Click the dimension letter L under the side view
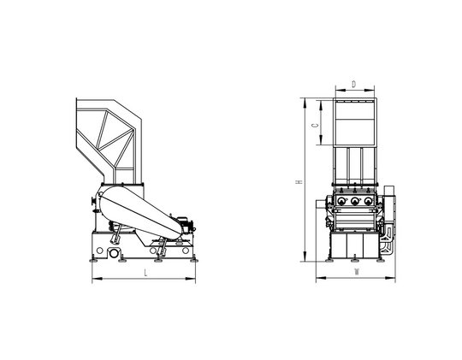pyautogui.click(x=145, y=273)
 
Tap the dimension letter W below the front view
pyautogui.click(x=357, y=272)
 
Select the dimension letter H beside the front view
pyautogui.click(x=299, y=182)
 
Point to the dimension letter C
pyautogui.click(x=315, y=125)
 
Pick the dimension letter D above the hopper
pyautogui.click(x=354, y=84)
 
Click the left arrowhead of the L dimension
pyautogui.click(x=97, y=279)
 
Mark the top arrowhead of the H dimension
pyautogui.click(x=305, y=103)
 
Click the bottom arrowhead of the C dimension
pyautogui.click(x=321, y=140)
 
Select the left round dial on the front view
pyautogui.click(x=341, y=201)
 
